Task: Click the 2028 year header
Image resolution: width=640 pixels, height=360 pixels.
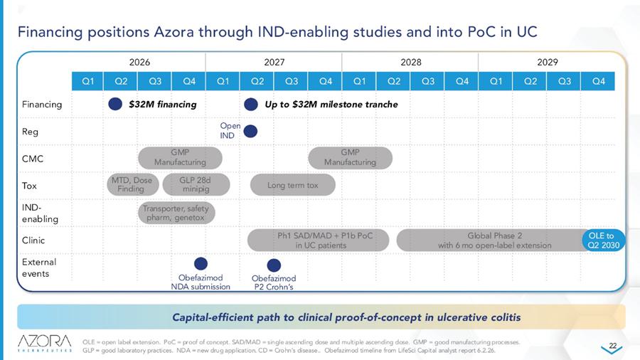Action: [410, 62]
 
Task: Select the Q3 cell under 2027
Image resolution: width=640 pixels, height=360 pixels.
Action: [291, 81]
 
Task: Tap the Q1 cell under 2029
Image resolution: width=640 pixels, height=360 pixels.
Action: [496, 81]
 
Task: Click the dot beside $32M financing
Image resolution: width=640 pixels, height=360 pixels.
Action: [115, 104]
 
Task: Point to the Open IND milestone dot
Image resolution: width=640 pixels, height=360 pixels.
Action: [250, 132]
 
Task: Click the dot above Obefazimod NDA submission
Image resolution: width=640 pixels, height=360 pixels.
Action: [201, 264]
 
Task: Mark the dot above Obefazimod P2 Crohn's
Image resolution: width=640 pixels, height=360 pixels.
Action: [274, 265]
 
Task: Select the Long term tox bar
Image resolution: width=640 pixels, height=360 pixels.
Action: [293, 185]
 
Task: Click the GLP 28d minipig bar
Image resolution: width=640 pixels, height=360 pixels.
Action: [196, 184]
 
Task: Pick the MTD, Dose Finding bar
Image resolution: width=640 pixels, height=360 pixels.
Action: [133, 184]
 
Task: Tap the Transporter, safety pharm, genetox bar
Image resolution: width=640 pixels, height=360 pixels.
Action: [176, 213]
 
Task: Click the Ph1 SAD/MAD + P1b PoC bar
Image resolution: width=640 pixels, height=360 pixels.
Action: [318, 240]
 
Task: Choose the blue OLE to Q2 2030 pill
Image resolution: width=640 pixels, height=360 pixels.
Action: [603, 240]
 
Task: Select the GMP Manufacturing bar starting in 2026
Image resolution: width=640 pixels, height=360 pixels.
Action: [180, 157]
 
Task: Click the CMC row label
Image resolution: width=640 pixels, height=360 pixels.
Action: [33, 159]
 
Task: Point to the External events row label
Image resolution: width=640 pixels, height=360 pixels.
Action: [39, 268]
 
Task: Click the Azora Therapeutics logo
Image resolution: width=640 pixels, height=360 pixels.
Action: [45, 343]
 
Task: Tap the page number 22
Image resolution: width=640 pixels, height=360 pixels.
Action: [613, 346]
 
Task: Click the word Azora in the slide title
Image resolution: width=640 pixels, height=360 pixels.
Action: [174, 32]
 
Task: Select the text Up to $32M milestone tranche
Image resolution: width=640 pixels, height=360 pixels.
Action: [331, 105]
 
